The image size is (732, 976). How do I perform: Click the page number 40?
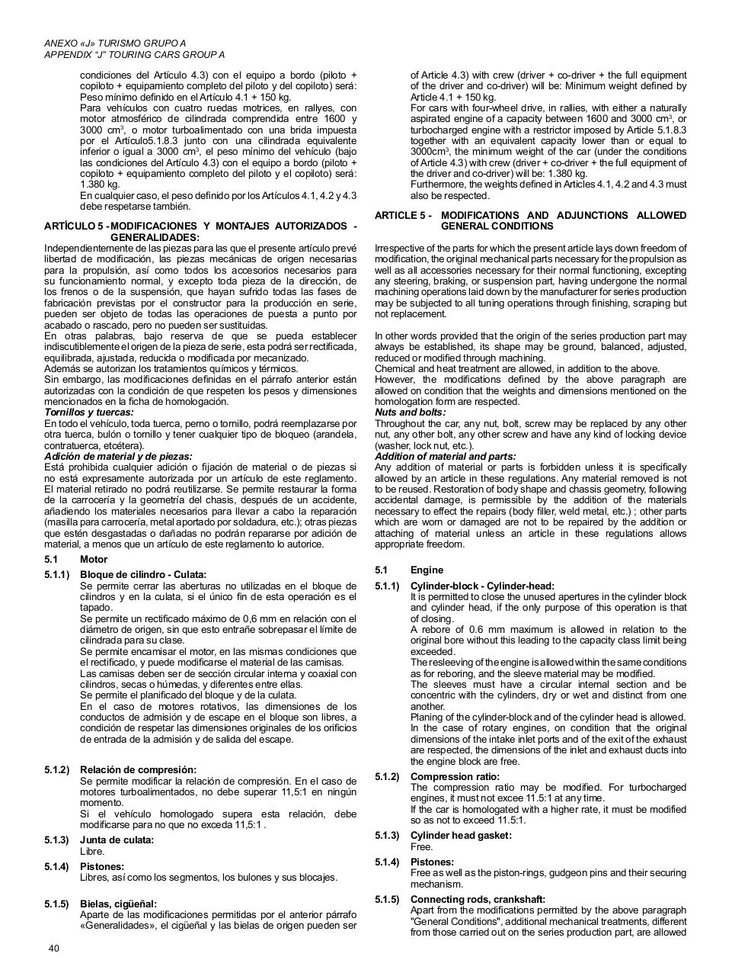coord(53,949)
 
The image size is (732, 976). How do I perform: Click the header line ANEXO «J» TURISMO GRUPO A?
coord(115,43)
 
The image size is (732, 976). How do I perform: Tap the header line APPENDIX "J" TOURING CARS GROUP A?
coord(134,55)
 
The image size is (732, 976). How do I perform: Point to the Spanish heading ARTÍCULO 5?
coord(75,226)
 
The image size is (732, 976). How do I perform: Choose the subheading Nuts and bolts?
coord(410,413)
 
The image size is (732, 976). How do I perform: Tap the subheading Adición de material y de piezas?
coord(118,457)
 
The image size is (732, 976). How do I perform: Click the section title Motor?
coord(94,560)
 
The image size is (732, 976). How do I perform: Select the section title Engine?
coord(427,570)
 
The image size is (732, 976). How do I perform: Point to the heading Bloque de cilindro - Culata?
coord(143,575)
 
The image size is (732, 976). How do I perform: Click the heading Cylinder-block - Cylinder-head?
coord(482,586)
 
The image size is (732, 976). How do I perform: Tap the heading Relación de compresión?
coord(138,770)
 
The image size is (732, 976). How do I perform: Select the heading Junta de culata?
coord(117,840)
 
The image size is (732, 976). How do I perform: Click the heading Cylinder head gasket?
coord(461,836)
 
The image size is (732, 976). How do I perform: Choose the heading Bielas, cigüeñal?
coord(118,904)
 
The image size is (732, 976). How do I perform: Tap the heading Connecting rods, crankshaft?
coord(478,900)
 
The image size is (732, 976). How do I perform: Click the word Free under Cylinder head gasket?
coord(421,847)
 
